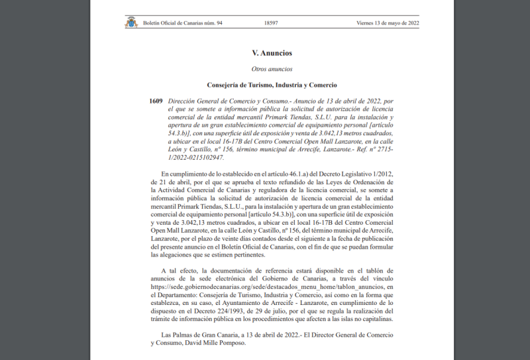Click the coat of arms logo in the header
(x=131, y=23)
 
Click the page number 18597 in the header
(x=270, y=23)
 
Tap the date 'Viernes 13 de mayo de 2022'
(x=388, y=23)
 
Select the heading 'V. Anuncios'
(x=272, y=53)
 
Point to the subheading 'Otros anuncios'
(x=272, y=69)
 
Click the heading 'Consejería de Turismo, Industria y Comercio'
(x=272, y=85)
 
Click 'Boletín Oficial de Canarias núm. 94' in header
(x=183, y=23)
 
